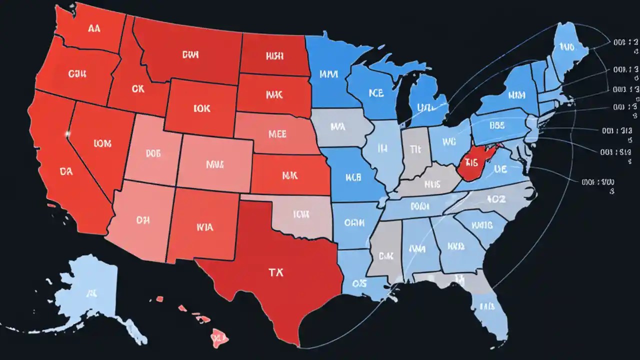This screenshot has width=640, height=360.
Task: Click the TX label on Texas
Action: [274, 272]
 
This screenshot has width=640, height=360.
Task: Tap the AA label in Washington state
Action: [94, 28]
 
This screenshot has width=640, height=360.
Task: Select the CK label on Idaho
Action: [138, 89]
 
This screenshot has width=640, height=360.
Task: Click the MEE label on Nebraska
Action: [277, 134]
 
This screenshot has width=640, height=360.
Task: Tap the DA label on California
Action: [66, 171]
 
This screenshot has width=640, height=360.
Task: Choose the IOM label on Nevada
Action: [102, 143]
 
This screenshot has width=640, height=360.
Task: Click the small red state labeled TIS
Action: [472, 162]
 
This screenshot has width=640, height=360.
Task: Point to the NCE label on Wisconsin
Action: [376, 93]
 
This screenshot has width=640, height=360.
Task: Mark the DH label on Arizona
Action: [142, 219]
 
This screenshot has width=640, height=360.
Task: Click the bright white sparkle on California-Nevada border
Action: [67, 134]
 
